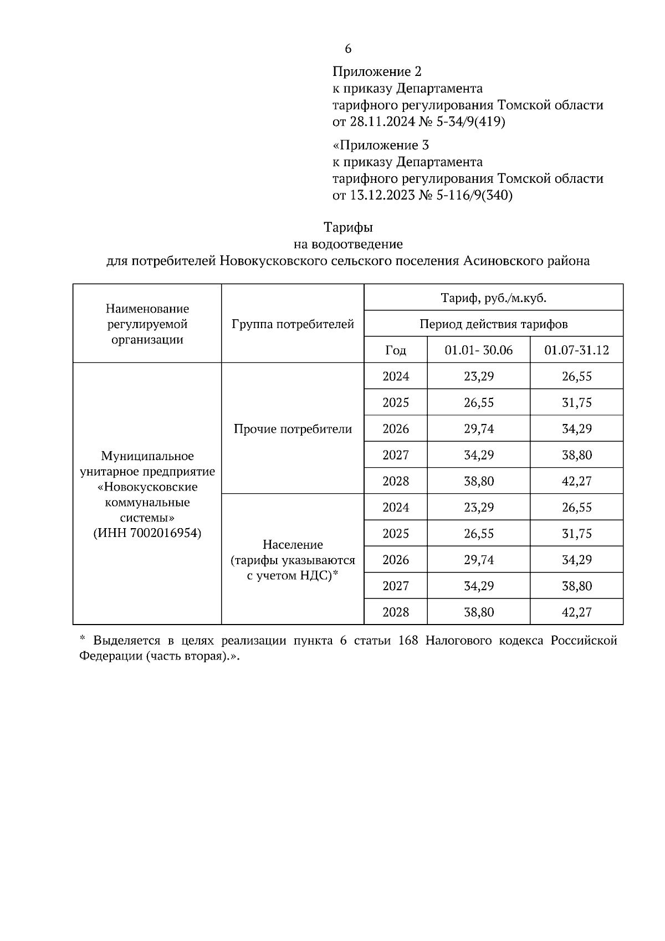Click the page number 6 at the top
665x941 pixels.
pos(348,49)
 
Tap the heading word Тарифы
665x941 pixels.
pos(348,227)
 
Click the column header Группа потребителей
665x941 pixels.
pos(293,324)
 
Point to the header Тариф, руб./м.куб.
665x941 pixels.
pos(493,298)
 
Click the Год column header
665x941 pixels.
pos(396,350)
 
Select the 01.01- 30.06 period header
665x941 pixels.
pos(479,350)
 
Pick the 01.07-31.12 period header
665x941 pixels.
pos(576,350)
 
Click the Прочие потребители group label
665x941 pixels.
pos(293,429)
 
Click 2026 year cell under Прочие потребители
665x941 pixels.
pos(396,429)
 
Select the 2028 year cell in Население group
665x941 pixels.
pos(396,612)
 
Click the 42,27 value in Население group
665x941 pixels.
pos(576,612)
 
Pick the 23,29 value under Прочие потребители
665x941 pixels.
pos(479,377)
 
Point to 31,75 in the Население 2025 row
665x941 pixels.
pos(576,534)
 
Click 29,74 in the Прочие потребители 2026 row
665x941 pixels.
pos(479,429)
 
